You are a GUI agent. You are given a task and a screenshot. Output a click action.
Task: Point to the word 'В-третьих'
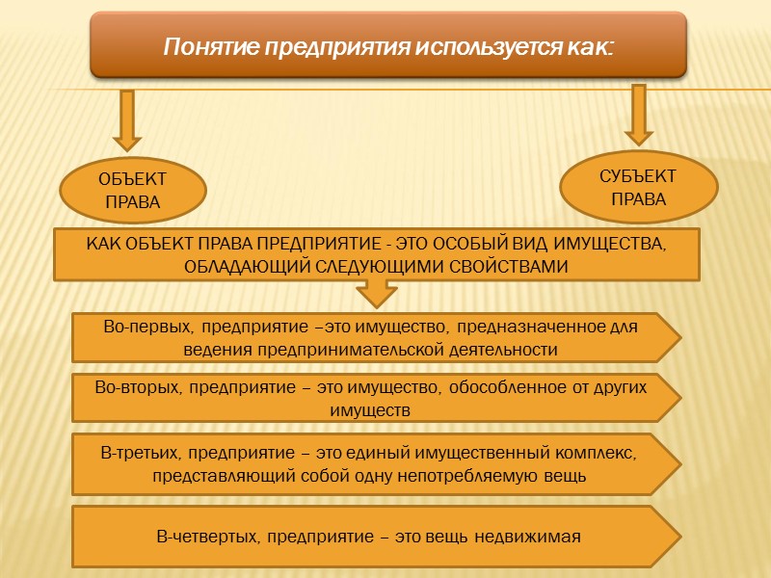click(x=141, y=452)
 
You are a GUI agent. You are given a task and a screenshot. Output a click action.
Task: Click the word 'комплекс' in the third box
click(x=598, y=452)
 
